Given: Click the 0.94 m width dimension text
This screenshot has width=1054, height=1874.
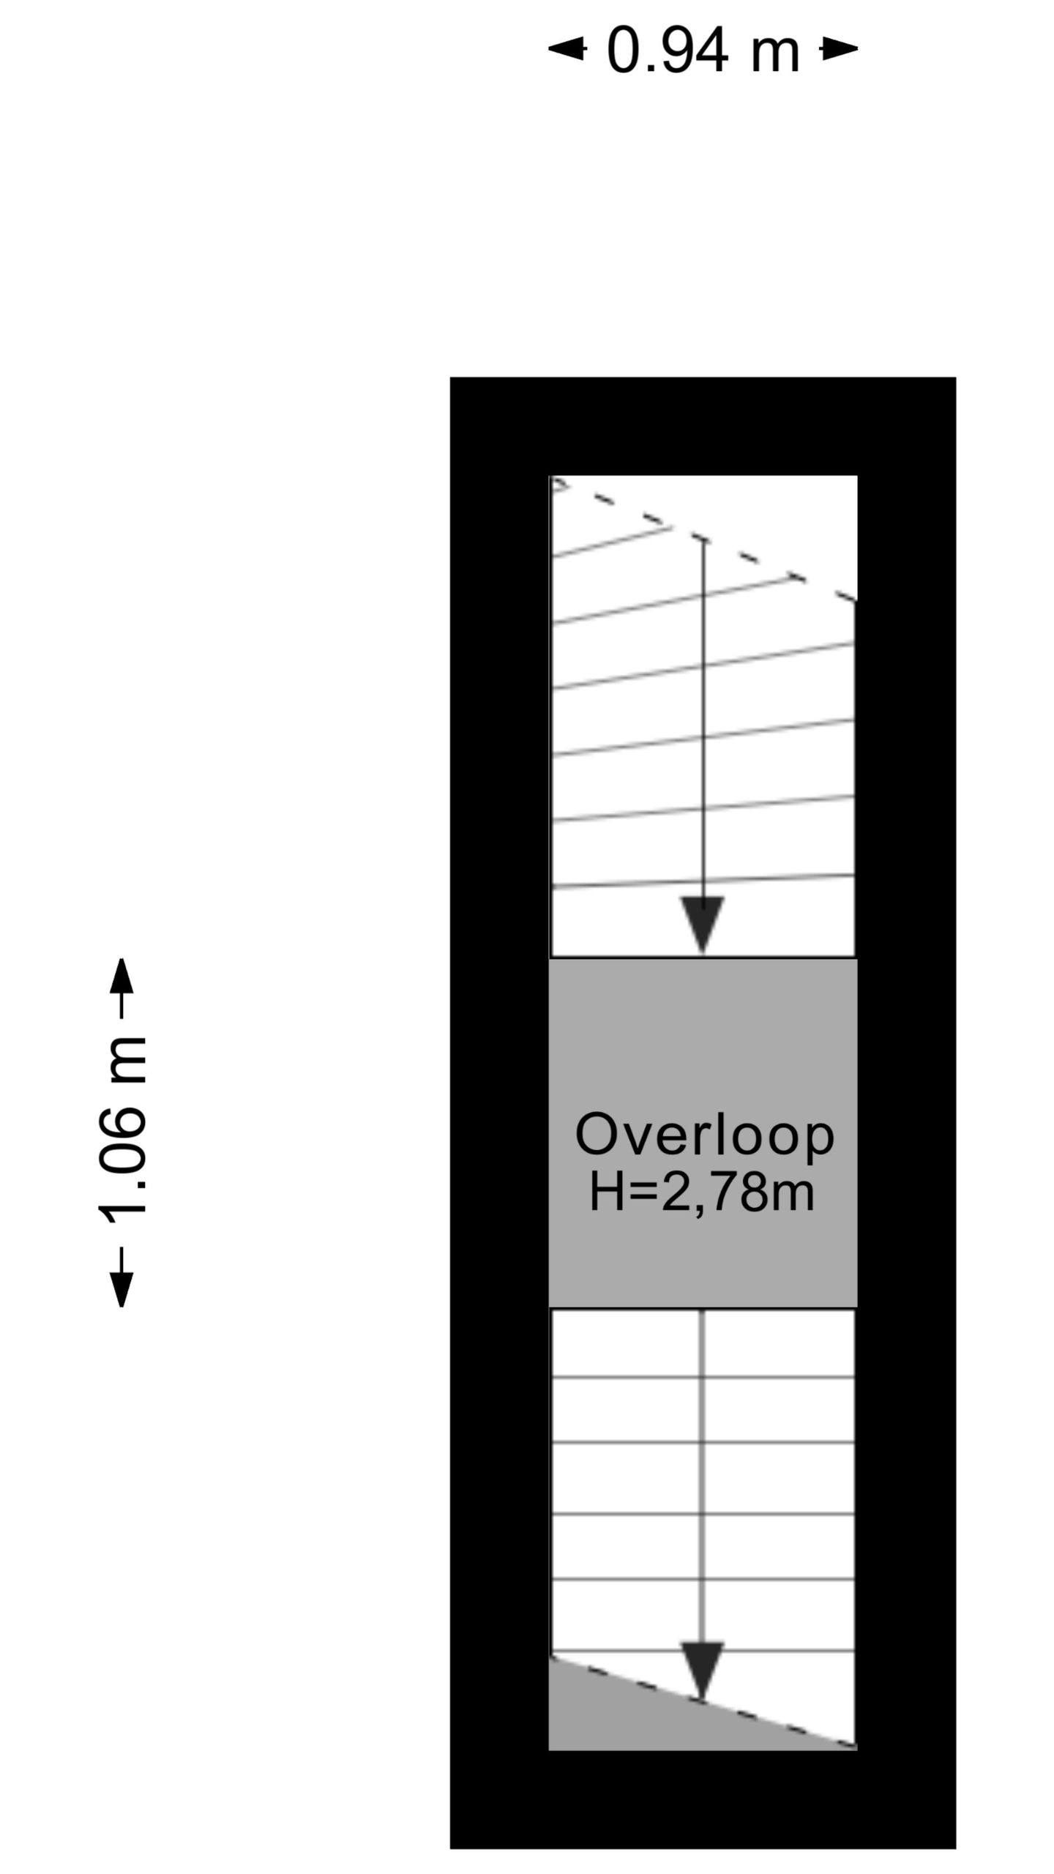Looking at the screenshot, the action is tap(703, 51).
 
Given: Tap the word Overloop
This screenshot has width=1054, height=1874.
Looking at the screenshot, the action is tap(704, 1135).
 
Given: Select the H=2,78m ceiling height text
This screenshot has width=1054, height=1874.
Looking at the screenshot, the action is tap(702, 1192).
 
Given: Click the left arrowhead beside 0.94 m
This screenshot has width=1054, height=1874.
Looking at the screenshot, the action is tap(567, 49).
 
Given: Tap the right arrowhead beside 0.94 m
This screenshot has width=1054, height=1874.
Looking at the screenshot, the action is tap(839, 49).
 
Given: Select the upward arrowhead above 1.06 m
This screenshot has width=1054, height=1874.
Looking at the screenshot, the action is tap(122, 977).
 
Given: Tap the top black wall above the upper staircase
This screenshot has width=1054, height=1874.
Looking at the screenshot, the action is tap(703, 426).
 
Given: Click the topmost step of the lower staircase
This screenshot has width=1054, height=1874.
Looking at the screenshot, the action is tap(703, 1344).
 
